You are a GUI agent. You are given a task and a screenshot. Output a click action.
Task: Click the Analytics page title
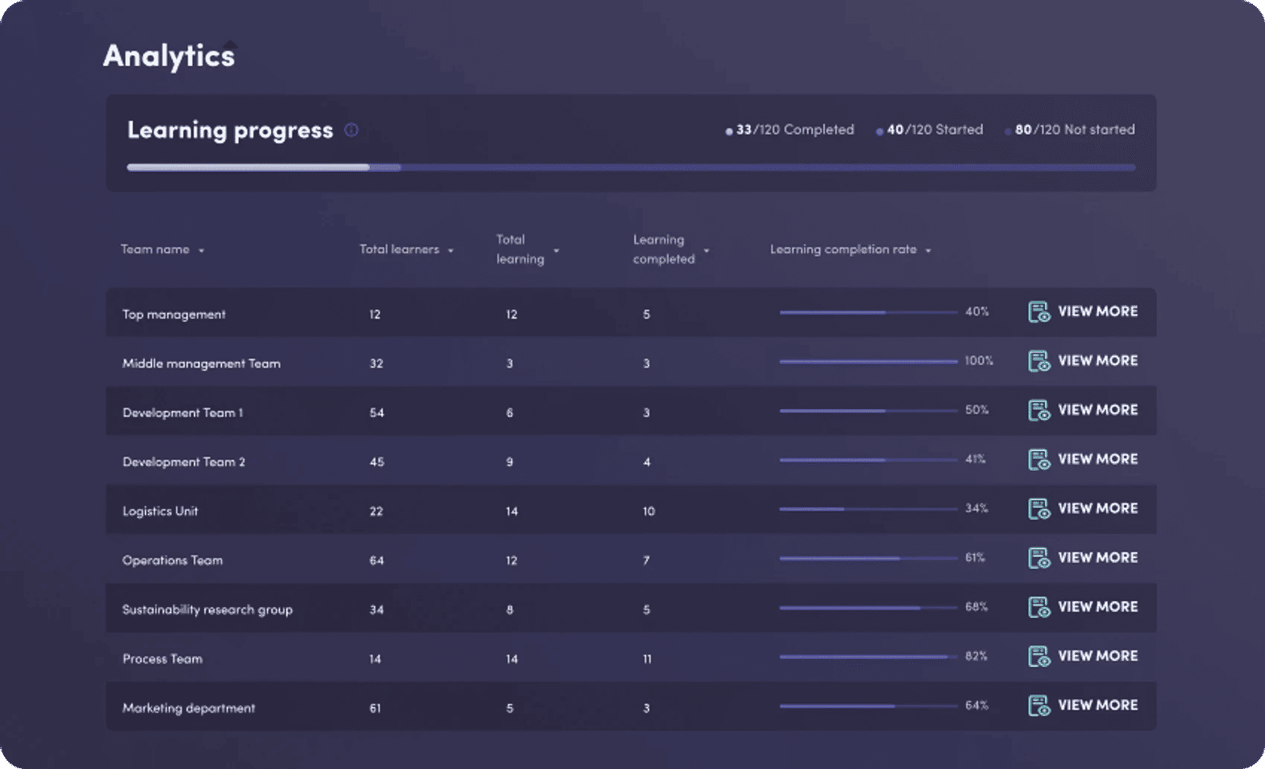pos(169,56)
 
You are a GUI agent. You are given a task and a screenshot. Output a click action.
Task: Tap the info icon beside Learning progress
pos(351,130)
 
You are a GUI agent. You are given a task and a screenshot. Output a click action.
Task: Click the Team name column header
pos(156,249)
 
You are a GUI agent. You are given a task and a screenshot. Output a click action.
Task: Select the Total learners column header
pos(400,249)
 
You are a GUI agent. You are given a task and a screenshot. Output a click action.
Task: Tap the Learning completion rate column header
pos(843,249)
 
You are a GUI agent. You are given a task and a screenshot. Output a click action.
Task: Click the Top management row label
pos(174,315)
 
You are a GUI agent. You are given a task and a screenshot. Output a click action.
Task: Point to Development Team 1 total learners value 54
pos(377,413)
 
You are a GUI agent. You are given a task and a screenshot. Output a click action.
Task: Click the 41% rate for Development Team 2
pos(976,459)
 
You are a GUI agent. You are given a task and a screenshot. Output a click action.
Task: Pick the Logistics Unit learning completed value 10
pos(649,512)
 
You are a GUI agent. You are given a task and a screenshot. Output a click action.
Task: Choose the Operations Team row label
pos(173,561)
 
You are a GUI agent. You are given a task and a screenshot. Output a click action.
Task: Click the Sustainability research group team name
pos(208,610)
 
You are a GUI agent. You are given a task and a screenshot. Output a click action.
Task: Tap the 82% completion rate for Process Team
pos(976,656)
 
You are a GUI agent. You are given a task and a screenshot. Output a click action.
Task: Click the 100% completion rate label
pos(979,361)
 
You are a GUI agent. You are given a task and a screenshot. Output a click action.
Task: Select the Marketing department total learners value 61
pos(375,708)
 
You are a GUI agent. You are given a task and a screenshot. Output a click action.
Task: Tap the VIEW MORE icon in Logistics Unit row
pos(1039,509)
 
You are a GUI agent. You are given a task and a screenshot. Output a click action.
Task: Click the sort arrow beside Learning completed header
pos(706,251)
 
